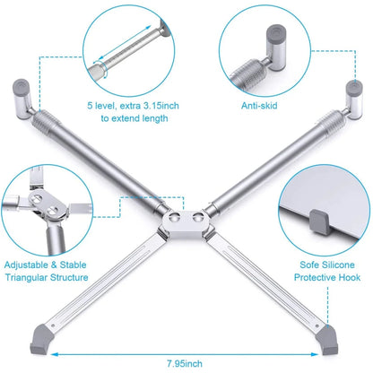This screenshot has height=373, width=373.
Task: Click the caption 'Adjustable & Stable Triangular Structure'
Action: click(x=46, y=272)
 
